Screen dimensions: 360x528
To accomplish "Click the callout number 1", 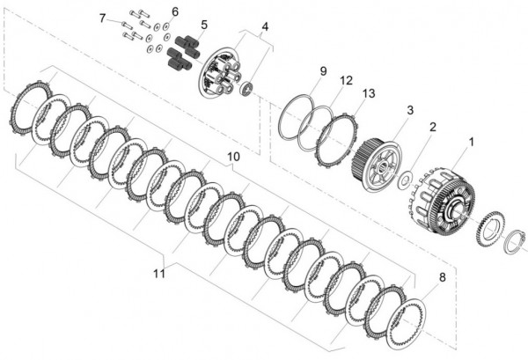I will click(471, 140).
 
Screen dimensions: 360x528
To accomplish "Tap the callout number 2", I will click(432, 127).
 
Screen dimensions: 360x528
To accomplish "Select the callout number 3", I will click(409, 110).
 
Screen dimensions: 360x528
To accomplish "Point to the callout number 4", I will click(265, 26).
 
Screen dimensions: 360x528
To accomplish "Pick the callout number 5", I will click(204, 25).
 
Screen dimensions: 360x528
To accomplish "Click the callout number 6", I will click(174, 11).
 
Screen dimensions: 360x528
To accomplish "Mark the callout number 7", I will click(103, 18).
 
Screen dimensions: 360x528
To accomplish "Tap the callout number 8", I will click(441, 277).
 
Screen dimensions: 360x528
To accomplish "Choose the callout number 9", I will click(323, 70).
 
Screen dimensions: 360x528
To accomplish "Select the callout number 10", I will click(232, 157).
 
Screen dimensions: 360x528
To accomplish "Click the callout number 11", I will click(158, 275).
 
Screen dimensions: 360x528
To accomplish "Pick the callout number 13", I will click(367, 92).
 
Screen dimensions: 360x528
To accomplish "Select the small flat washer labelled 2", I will click(406, 180).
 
